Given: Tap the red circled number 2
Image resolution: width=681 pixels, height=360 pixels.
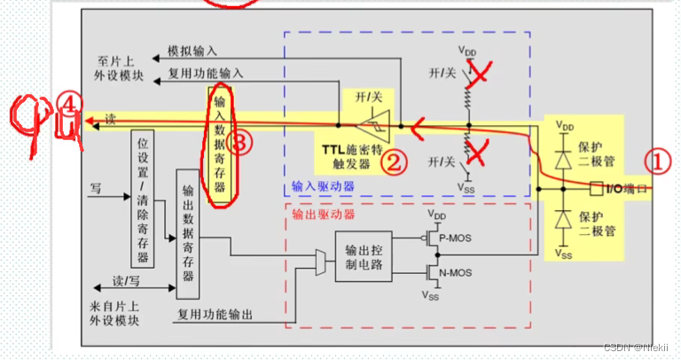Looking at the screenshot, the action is pyautogui.click(x=394, y=160).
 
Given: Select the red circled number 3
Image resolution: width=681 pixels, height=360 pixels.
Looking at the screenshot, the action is pyautogui.click(x=238, y=142).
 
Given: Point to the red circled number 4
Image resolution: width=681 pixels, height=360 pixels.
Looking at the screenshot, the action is pyautogui.click(x=72, y=104).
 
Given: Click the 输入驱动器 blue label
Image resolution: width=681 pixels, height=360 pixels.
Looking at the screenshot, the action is pyautogui.click(x=323, y=187).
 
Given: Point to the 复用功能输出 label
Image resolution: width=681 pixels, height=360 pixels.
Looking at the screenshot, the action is pyautogui.click(x=217, y=313).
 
